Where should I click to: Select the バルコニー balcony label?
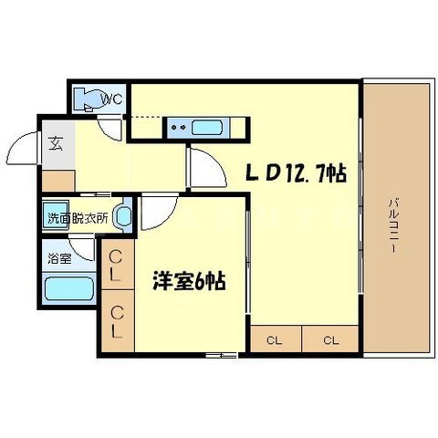click(x=393, y=224)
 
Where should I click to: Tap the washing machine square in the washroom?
click(x=57, y=209)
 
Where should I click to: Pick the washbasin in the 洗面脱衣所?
click(x=125, y=217)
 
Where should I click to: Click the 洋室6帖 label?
click(x=190, y=280)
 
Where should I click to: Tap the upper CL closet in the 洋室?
click(x=119, y=268)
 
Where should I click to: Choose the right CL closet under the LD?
click(x=330, y=341)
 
